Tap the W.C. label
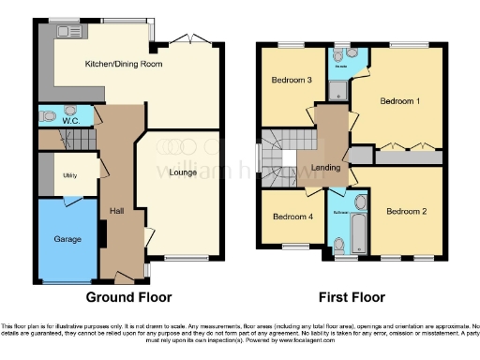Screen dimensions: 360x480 click(x=71, y=120)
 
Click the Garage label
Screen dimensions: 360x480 click(x=65, y=238)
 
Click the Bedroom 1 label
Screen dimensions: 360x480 click(x=399, y=100)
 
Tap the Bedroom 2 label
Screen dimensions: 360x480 click(x=406, y=212)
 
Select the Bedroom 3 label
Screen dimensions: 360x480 click(x=292, y=81)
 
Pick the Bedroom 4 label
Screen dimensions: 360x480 click(x=292, y=217)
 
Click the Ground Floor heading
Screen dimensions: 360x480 click(x=128, y=298)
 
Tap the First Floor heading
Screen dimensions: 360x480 click(x=352, y=298)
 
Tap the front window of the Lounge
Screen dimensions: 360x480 click(x=181, y=258)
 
